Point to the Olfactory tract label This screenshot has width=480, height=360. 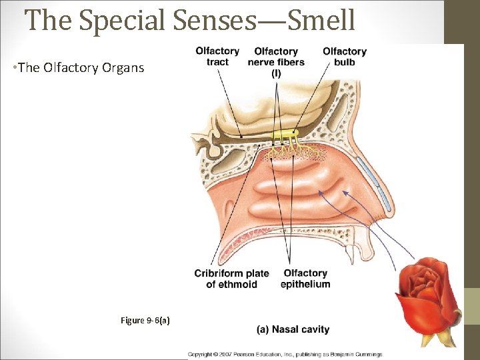(217, 57)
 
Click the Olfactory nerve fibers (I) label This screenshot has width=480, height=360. (276, 62)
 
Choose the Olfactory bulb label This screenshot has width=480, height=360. (345, 57)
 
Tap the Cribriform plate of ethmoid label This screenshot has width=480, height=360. (231, 279)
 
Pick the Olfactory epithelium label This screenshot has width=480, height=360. (305, 279)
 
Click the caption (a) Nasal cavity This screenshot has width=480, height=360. (293, 329)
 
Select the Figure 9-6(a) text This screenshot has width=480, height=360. (145, 321)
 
